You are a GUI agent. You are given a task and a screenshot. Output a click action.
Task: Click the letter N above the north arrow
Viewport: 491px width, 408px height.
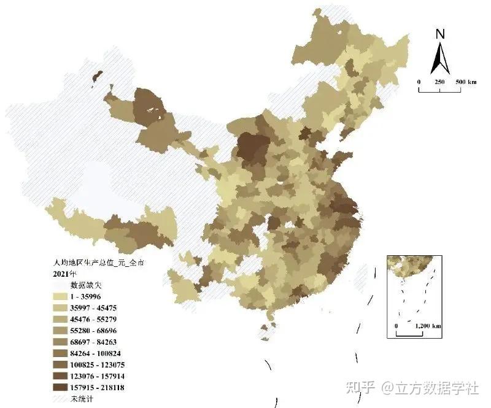click(439, 35)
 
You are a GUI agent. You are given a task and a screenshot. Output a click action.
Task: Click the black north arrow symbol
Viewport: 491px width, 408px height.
click(439, 60)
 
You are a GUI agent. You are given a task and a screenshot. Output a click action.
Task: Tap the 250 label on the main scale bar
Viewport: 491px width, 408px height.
click(439, 82)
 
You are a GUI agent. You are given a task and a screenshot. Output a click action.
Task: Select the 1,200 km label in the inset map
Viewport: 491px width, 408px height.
click(428, 325)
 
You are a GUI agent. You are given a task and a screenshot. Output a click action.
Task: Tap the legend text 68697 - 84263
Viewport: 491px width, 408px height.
click(96, 342)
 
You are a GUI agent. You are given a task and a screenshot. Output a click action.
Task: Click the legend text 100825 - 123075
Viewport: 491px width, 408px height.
click(98, 364)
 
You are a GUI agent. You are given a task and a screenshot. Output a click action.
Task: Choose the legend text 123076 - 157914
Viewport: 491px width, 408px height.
click(98, 375)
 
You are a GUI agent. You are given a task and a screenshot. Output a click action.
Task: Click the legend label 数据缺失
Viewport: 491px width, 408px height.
click(87, 285)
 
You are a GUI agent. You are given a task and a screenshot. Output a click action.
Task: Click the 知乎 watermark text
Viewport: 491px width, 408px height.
click(361, 387)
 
